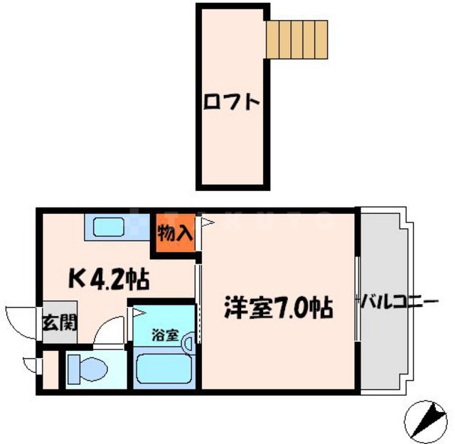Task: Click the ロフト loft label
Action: [x=232, y=102]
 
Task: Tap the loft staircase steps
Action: [x=298, y=38]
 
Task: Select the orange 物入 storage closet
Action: [x=174, y=232]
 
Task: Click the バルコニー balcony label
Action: [x=398, y=303]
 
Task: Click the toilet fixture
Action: [x=89, y=369]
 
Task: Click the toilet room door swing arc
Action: [x=110, y=330]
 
